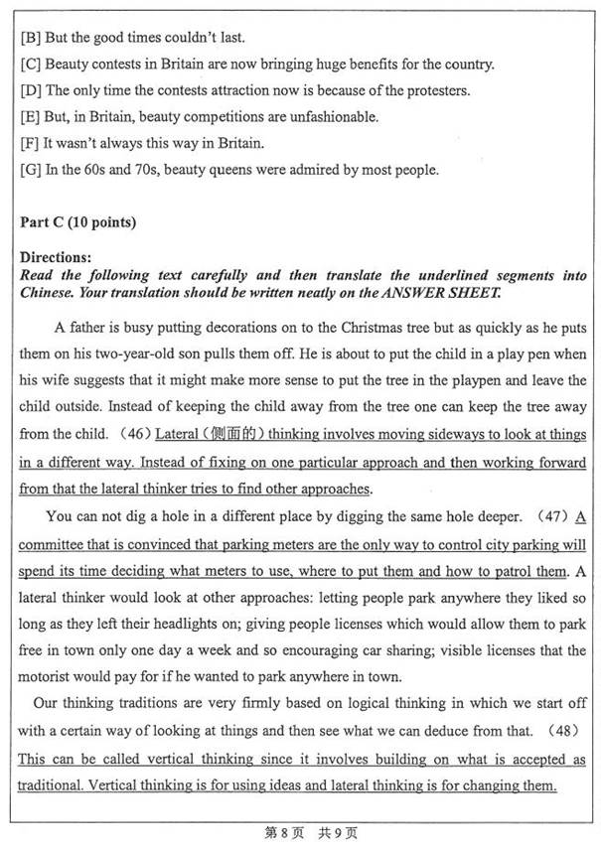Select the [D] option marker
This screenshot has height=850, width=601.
tap(29, 91)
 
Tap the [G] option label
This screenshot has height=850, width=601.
tap(29, 170)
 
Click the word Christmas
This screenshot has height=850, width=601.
tap(372, 327)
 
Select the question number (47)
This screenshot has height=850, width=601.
tap(547, 516)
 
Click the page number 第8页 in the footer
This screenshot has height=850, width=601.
tap(281, 832)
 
